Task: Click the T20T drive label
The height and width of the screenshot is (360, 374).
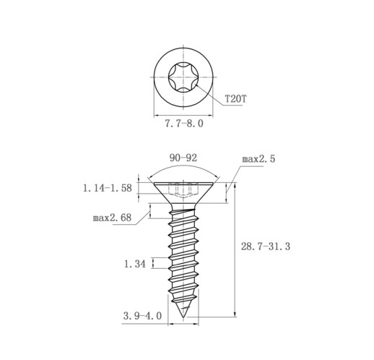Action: [235, 99]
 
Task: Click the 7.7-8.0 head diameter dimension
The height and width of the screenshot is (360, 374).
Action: [184, 124]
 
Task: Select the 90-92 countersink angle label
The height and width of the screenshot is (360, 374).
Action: [183, 158]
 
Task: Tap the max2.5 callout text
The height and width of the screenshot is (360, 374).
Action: [258, 159]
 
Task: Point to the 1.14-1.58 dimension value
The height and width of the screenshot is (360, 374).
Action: [108, 188]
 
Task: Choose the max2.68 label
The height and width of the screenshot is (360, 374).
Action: [112, 218]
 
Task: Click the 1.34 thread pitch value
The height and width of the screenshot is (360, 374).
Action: [135, 264]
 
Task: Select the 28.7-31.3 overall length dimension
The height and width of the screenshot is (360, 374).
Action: [266, 247]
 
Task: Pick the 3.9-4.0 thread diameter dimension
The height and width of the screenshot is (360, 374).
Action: [142, 316]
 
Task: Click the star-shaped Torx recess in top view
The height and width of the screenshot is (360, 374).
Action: [183, 77]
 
